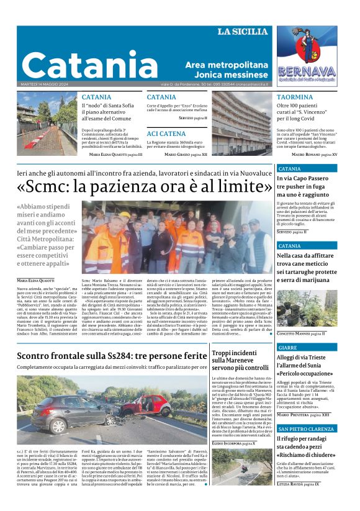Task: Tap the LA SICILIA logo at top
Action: pyautogui.click(x=243, y=32)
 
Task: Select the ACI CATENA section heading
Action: pyautogui.click(x=166, y=133)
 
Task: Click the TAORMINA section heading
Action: pyautogui.click(x=295, y=97)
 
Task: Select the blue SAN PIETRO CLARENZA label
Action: pyautogui.click(x=306, y=429)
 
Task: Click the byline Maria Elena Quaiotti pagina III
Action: pyautogui.click(x=115, y=154)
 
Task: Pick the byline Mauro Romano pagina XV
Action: pyautogui.click(x=314, y=154)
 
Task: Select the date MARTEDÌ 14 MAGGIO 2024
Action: pyautogui.click(x=41, y=84)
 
